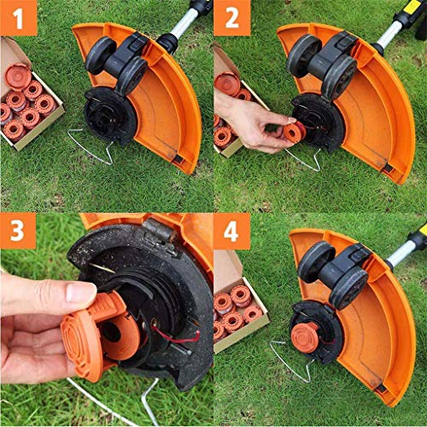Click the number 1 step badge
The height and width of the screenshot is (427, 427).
[18, 18]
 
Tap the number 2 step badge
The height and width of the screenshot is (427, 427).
[231, 18]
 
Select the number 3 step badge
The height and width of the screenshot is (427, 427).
[18, 232]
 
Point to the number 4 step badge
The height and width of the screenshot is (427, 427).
[231, 232]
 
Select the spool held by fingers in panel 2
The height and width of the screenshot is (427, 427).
[293, 132]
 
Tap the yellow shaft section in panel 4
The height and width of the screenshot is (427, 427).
[417, 235]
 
